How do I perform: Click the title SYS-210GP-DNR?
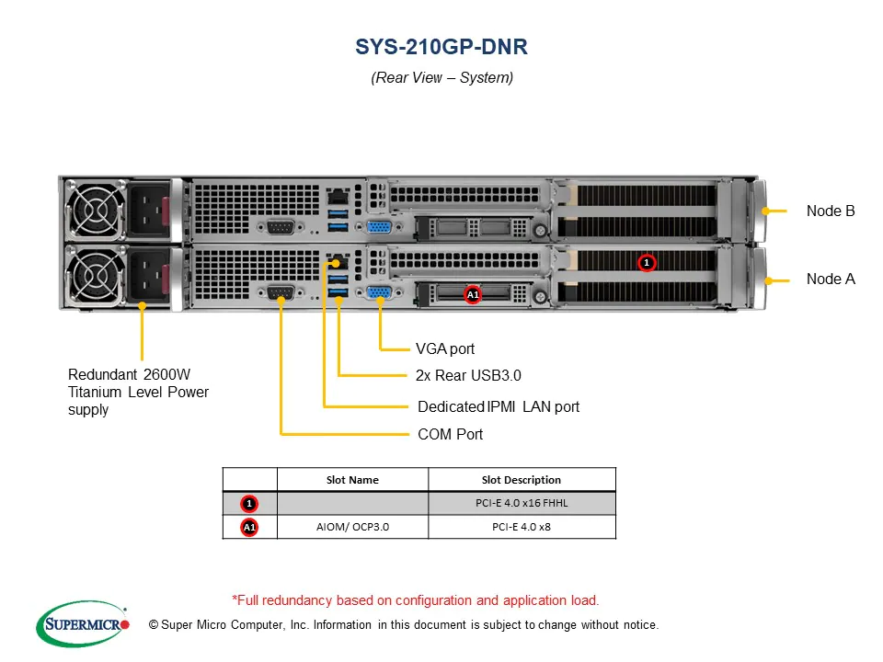[x=441, y=46]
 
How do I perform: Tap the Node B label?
[x=831, y=211]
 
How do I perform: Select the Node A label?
[x=831, y=279]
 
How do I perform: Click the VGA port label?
[x=445, y=349]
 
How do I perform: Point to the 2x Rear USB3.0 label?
[x=468, y=375]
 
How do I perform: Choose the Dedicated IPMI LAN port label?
[x=499, y=406]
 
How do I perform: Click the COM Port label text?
[x=450, y=434]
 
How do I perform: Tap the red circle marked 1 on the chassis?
[x=647, y=263]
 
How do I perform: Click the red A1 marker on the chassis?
[x=473, y=295]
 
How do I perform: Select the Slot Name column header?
[x=352, y=480]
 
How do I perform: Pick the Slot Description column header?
[x=522, y=480]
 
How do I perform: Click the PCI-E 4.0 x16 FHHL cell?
[x=522, y=504]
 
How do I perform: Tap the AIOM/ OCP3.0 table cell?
[x=352, y=527]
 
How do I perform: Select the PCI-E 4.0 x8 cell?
[x=522, y=527]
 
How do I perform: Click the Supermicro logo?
[x=81, y=624]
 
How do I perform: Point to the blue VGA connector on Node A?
[x=378, y=294]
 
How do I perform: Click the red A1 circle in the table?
[x=249, y=527]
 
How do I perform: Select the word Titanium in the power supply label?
[x=97, y=393]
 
